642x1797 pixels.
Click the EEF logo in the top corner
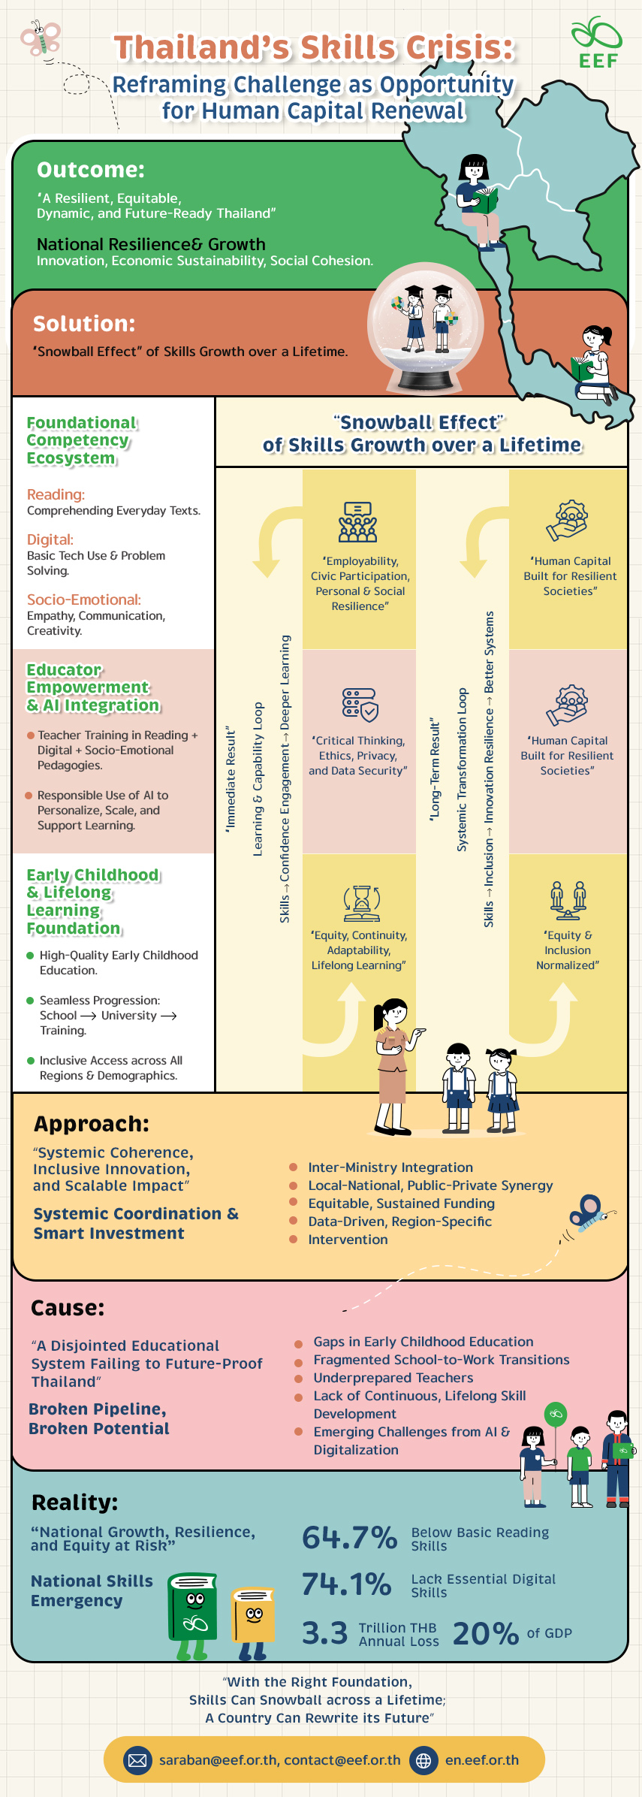(x=597, y=44)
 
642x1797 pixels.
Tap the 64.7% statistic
(x=349, y=1537)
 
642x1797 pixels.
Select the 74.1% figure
(x=346, y=1584)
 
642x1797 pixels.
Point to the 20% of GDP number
(x=485, y=1634)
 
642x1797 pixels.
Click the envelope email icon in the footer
(x=137, y=1760)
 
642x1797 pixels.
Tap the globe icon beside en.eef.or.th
(x=423, y=1760)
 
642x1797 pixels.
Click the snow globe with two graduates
(x=425, y=327)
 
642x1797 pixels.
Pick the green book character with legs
(x=192, y=1612)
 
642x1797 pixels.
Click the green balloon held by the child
(x=555, y=1414)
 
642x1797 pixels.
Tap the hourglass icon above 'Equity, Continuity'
(x=361, y=902)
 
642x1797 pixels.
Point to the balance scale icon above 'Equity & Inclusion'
(x=568, y=900)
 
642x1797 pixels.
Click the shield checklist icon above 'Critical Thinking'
(x=360, y=705)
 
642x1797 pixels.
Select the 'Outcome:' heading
(x=91, y=170)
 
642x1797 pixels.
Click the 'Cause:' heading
(x=68, y=1308)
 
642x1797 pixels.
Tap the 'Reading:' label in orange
(x=56, y=494)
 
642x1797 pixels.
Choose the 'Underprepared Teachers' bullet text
(x=393, y=1378)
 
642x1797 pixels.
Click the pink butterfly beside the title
(x=41, y=38)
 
